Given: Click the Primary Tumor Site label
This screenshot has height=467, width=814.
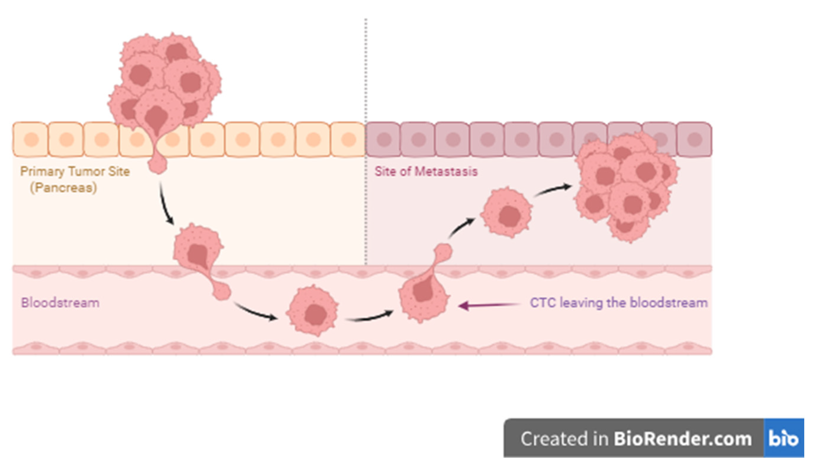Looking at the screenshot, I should click(x=75, y=171).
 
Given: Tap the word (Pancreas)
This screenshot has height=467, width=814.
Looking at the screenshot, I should click(x=63, y=188).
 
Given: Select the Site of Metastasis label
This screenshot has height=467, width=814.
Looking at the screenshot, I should click(x=426, y=171).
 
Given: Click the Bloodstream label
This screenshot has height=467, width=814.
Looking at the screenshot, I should click(x=60, y=303).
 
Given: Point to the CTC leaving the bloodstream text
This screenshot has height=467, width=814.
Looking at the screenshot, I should click(x=618, y=303).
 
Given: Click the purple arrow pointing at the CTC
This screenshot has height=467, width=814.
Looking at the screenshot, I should click(x=489, y=305).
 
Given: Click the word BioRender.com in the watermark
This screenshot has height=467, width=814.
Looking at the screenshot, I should click(x=683, y=439).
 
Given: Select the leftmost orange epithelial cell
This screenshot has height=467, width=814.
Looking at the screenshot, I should click(x=30, y=139).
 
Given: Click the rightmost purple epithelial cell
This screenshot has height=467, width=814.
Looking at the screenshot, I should click(x=694, y=139).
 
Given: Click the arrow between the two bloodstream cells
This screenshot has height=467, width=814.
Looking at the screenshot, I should click(x=370, y=317).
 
